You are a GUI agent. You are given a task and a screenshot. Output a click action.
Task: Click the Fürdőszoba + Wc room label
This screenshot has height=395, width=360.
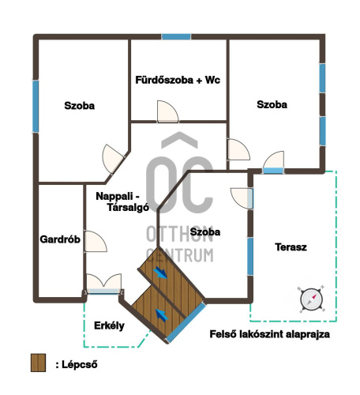[x=178, y=80]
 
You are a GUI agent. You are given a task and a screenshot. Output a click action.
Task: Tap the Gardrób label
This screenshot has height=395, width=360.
[x=60, y=239]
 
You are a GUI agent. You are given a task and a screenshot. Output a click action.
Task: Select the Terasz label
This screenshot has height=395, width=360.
[x=291, y=247]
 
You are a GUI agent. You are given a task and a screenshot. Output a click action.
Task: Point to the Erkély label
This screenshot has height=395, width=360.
[x=109, y=326]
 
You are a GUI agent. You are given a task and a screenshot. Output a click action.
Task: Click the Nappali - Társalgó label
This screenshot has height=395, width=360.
[x=122, y=202]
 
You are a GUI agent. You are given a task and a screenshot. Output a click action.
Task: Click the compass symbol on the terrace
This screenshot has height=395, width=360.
[x=311, y=299]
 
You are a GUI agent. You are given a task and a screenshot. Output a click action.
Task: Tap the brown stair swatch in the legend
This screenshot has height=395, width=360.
[x=38, y=363]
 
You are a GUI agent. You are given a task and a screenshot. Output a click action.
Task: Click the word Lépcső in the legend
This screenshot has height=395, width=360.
[x=80, y=365]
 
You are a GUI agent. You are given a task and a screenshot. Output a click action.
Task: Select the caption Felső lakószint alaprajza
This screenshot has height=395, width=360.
[x=270, y=334]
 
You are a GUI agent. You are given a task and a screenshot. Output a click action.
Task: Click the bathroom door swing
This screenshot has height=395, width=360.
[x=167, y=111]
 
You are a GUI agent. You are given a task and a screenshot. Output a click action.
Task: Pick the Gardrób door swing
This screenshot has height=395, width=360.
[x=96, y=242]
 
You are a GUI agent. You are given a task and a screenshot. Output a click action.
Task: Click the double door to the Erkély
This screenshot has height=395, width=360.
[x=104, y=284]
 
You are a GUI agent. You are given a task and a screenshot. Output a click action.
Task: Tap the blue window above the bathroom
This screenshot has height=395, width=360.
[x=176, y=36]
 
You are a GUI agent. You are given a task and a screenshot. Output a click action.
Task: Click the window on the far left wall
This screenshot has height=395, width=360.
[x=36, y=107]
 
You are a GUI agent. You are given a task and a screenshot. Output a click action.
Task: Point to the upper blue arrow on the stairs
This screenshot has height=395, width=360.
[x=160, y=273]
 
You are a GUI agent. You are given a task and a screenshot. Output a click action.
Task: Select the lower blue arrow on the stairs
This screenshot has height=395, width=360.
[x=162, y=315]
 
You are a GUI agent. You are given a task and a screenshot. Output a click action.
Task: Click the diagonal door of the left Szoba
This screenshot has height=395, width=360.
[x=113, y=159]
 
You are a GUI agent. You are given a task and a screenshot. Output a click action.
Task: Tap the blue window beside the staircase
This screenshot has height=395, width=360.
[x=186, y=323]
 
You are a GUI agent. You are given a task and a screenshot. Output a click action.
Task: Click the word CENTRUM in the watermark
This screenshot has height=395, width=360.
[x=180, y=255]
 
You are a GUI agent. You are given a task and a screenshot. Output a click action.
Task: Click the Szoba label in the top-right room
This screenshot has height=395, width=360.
[x=272, y=104]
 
